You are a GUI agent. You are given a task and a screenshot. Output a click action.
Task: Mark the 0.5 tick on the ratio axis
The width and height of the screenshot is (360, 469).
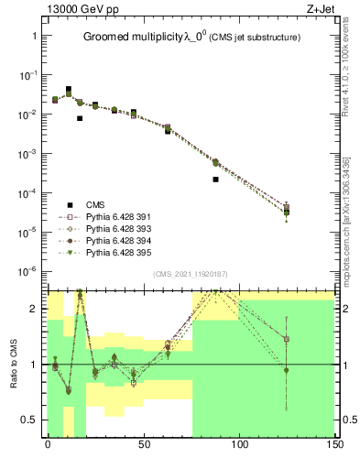[x=29, y=420]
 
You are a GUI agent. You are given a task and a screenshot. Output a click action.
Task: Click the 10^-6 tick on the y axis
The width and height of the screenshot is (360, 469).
[x=29, y=272]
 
